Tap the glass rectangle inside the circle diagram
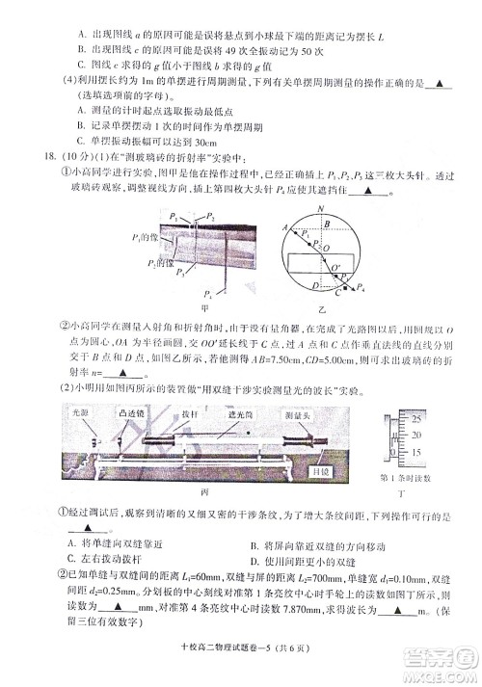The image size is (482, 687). [x=317, y=266]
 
